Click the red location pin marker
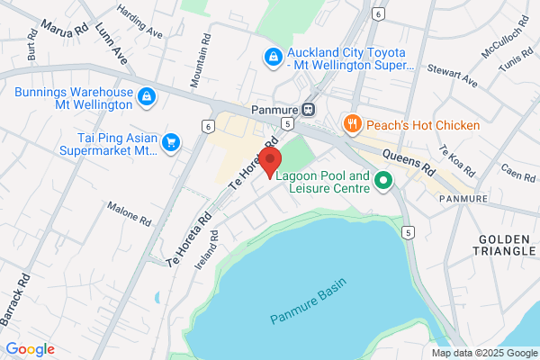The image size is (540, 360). tap(269, 159)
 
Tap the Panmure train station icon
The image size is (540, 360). tap(308, 110)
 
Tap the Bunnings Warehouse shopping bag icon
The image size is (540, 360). tap(145, 94)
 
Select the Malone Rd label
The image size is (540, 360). tap(130, 218)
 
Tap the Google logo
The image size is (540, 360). tap(30, 349)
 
